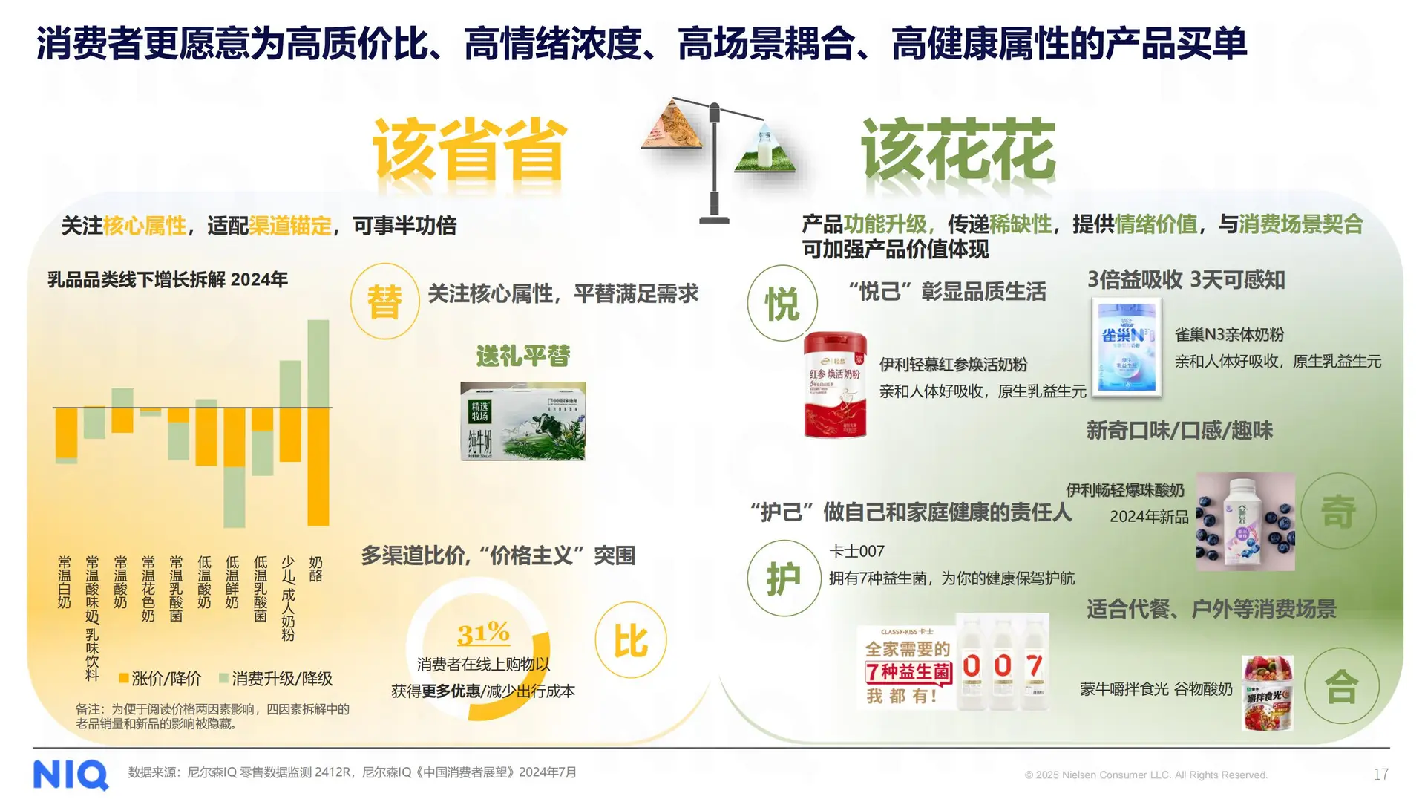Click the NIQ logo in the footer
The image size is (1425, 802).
tap(71, 775)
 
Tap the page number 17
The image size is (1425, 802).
tap(1380, 775)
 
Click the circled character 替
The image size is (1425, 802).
tap(384, 302)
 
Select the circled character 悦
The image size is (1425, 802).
tap(782, 304)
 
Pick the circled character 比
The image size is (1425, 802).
tap(630, 640)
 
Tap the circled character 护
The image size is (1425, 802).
tap(783, 578)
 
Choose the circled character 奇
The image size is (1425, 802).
tap(1338, 512)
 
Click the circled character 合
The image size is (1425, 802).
tap(1341, 686)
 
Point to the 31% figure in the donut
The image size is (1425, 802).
tap(483, 633)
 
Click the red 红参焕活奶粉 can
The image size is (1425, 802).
tap(835, 385)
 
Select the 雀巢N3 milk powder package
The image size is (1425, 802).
tap(1126, 347)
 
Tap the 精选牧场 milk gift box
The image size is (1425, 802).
tap(522, 421)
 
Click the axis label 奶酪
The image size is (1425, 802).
tap(316, 569)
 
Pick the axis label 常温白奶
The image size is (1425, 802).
tap(65, 582)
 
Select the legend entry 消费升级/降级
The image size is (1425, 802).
tap(276, 679)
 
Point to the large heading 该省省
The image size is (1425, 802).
tap(469, 149)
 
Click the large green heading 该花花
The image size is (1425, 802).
tap(957, 149)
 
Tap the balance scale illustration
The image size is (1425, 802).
tap(714, 160)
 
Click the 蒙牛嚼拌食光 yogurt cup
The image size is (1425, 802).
tap(1268, 692)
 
